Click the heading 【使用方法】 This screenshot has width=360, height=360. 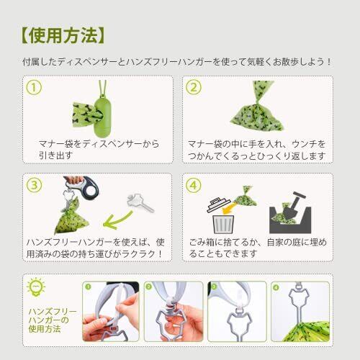click(63, 35)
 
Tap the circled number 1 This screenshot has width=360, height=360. click(34, 88)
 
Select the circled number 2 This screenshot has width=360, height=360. click(194, 88)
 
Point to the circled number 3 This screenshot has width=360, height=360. click(34, 185)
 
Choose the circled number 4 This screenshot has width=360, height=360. click(194, 185)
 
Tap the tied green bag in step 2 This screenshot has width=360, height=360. click(257, 107)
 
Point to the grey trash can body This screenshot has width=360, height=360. click(223, 224)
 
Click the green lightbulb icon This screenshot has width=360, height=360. click(36, 287)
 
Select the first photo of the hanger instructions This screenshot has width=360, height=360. click(111, 312)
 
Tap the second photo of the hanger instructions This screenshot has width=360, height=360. click(174, 312)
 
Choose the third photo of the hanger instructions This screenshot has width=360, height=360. click(237, 312)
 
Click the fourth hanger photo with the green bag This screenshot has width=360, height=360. click(300, 312)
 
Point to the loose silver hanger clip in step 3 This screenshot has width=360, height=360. click(140, 203)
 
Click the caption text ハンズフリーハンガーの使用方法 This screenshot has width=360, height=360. click(53, 320)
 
